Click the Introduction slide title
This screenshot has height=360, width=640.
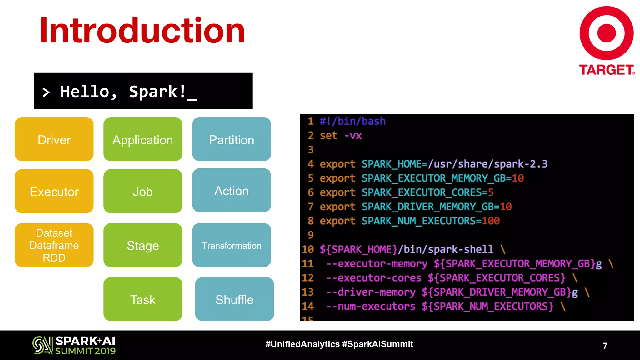pos(142,31)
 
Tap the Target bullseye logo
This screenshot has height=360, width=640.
pos(606,33)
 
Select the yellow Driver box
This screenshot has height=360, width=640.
pos(54,139)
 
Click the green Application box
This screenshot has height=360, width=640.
pos(143,139)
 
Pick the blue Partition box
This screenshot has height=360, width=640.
pos(232,139)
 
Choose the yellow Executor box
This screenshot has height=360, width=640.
pos(54,191)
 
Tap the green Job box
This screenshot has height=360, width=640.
pos(143,191)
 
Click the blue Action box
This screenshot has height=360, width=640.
pos(232,191)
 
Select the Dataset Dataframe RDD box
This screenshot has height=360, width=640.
pos(54,245)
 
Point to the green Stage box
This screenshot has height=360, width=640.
pos(143,245)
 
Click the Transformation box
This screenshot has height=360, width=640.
pos(232,245)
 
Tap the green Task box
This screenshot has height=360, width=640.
pos(143,299)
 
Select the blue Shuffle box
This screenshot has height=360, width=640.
pos(234,299)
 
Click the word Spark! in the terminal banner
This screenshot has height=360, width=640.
pos(158,92)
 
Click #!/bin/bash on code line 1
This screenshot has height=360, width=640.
pos(352,121)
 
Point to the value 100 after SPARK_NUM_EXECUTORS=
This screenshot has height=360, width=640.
pos(491,221)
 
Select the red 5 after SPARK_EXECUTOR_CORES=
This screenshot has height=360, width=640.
pos(491,192)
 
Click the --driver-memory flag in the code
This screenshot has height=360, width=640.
pos(371,292)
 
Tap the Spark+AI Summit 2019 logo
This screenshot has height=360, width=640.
pos(74,345)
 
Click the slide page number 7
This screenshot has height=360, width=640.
pos(605,346)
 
